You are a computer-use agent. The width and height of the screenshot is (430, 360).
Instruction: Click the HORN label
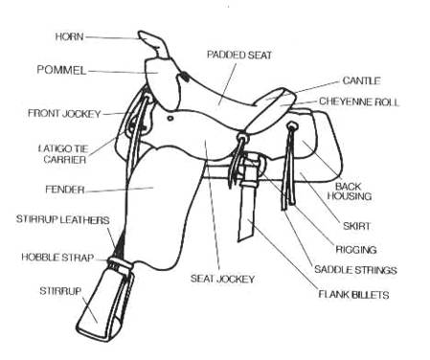(x=71, y=36)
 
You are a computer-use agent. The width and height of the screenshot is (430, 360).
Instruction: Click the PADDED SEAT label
(x=238, y=56)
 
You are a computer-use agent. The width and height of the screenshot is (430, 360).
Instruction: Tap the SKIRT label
(x=358, y=228)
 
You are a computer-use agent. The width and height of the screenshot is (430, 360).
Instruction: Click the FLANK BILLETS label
(x=353, y=295)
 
